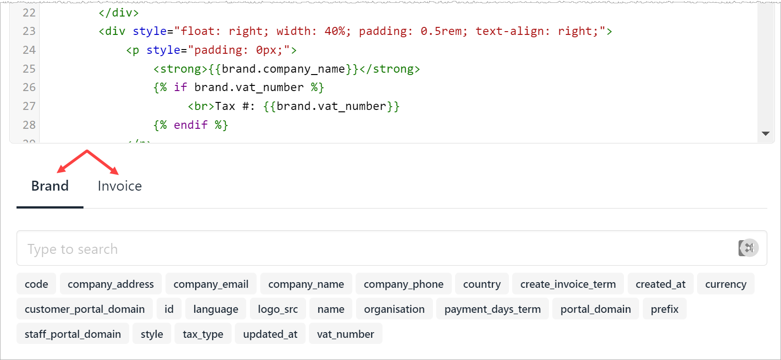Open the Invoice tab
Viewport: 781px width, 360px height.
coord(120,186)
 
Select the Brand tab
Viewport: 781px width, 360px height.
coord(50,186)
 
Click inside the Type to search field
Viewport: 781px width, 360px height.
coord(376,248)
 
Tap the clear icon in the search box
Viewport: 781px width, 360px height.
coord(748,248)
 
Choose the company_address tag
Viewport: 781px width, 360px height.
coord(110,284)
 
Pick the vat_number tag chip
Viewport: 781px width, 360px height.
coord(346,334)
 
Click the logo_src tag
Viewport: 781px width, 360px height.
coord(278,309)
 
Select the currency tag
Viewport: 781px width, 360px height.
coord(726,284)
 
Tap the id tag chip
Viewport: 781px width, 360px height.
coord(169,309)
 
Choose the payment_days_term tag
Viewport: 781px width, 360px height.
coord(492,309)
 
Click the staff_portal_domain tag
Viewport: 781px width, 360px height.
coord(73,334)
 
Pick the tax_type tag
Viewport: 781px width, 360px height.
coord(203,334)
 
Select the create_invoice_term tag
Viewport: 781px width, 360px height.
coord(568,284)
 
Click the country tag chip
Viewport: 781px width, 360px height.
coord(482,284)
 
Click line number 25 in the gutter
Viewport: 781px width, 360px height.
coord(29,69)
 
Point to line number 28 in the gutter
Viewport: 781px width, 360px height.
coord(29,125)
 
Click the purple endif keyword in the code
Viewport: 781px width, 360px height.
coord(191,125)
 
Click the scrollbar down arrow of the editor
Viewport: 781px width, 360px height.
coord(765,134)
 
